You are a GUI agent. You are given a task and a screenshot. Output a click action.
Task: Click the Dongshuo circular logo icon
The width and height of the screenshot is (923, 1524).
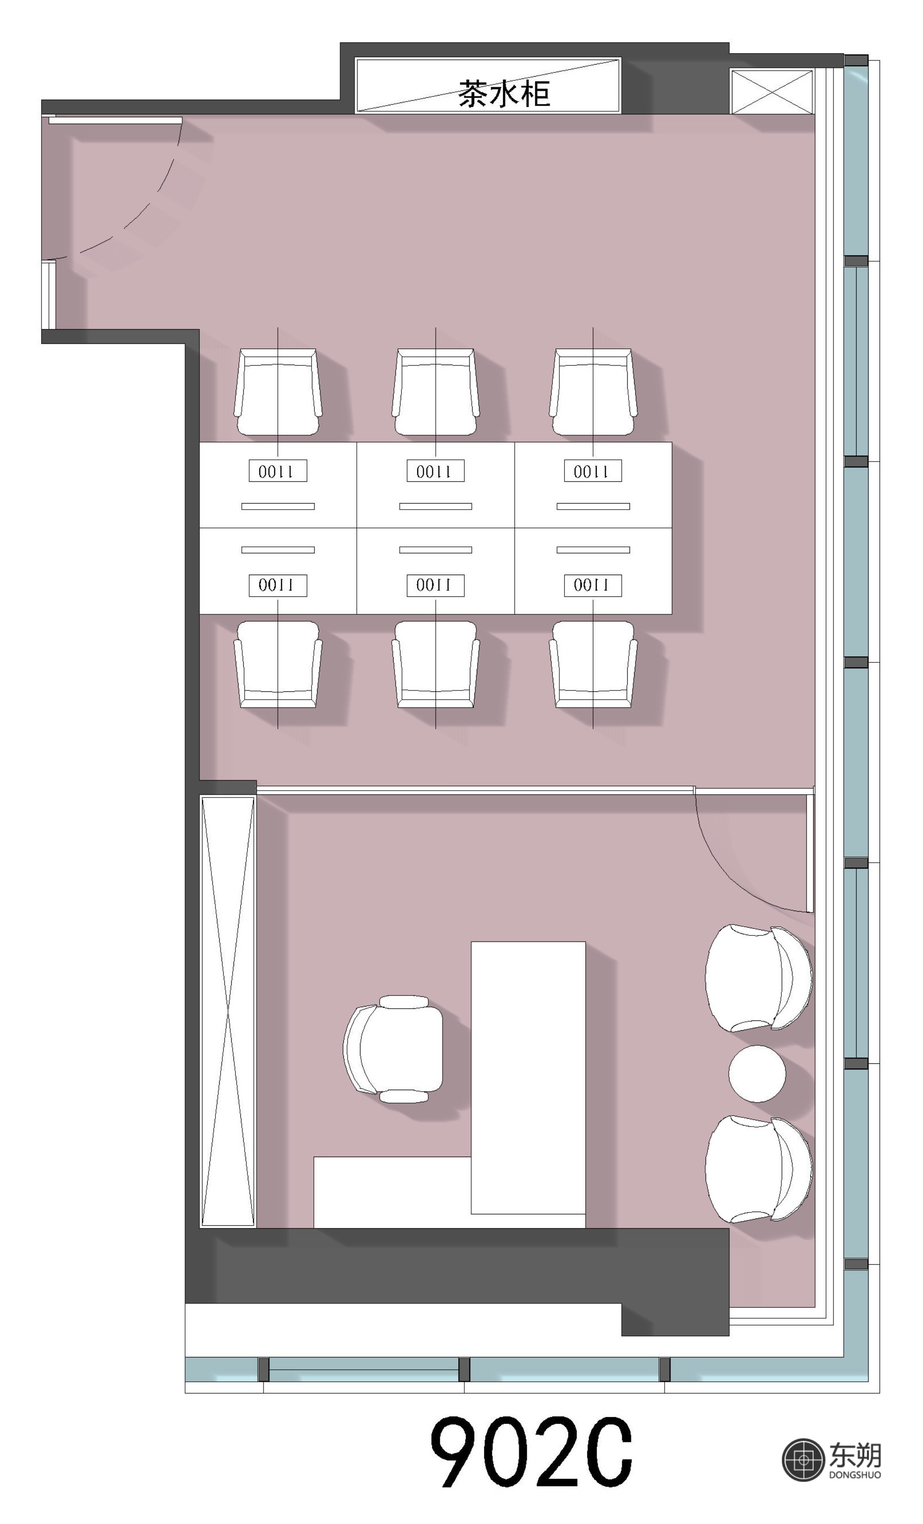pos(803,1460)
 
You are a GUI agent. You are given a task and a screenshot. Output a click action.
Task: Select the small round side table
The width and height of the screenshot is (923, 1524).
pos(756,1074)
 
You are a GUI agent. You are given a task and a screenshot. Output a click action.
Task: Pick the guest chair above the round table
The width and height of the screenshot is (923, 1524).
pos(758,978)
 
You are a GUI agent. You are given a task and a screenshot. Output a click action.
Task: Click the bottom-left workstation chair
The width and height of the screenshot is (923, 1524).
pos(278,664)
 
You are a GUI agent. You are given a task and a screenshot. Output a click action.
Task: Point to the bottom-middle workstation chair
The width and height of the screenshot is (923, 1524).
pos(436,664)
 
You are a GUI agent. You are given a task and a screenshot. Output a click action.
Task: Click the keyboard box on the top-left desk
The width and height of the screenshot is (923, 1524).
pos(278,471)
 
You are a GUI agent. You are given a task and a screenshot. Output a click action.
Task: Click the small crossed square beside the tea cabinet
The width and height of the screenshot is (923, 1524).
pos(772,91)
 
